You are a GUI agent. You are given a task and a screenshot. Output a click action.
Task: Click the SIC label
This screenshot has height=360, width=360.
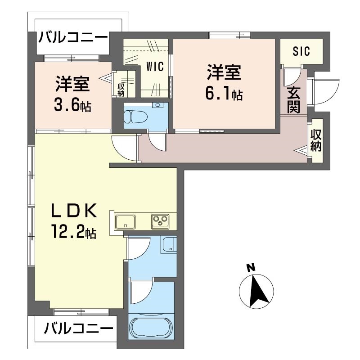[x=301, y=51]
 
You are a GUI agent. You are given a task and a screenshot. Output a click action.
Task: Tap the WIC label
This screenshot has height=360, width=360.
[x=155, y=67]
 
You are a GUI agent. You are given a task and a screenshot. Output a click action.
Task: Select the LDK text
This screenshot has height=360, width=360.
[x=73, y=211]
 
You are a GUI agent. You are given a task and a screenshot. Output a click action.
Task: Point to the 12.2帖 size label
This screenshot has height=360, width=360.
[x=73, y=231]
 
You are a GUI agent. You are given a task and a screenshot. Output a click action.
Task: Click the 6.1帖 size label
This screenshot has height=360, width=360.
[x=224, y=94]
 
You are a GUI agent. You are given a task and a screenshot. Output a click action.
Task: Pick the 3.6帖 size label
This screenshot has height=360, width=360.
[x=72, y=105]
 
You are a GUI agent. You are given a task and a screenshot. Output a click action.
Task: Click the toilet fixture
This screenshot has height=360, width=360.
[x=132, y=117]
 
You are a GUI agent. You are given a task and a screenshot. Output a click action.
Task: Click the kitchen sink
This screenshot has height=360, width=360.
[x=126, y=221]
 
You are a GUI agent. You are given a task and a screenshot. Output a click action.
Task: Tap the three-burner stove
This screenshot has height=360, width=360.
[x=160, y=221]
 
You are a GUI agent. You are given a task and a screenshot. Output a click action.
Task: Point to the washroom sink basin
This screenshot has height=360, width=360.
[x=170, y=245]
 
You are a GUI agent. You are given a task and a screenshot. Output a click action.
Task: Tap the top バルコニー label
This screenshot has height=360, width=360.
[x=73, y=37]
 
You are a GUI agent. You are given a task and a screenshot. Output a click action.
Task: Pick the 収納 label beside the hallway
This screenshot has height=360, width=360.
[x=316, y=140]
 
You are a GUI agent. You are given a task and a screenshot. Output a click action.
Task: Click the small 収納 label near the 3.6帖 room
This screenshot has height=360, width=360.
[x=121, y=90]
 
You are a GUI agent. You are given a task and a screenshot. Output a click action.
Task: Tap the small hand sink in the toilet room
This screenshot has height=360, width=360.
[x=157, y=105]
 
